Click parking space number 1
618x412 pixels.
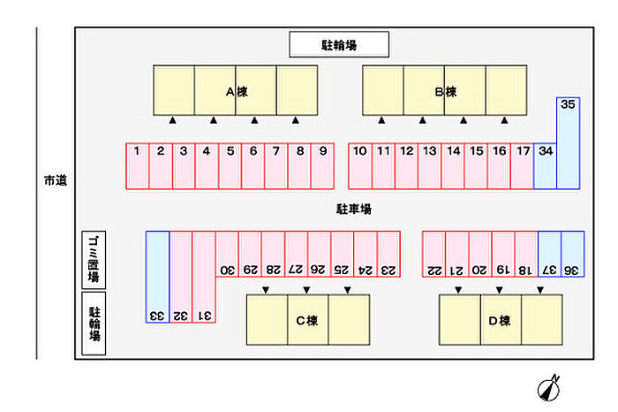point(137,165)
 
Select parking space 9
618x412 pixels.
point(323,165)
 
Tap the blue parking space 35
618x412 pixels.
point(568,141)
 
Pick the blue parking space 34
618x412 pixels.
point(546,165)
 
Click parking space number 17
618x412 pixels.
point(523,165)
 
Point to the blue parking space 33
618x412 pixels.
point(157,276)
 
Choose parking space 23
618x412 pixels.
point(389,254)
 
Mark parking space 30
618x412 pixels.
point(227,254)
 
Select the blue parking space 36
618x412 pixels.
point(572,254)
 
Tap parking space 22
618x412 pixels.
point(433,254)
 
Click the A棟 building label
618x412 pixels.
point(235,92)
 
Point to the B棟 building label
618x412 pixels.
point(445,92)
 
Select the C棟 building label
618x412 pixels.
point(306,320)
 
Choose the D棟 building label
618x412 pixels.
point(500,320)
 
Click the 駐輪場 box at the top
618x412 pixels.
point(340,43)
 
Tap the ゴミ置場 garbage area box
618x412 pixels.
point(93,257)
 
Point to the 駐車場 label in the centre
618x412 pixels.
point(353,210)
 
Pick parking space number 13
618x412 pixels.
point(429,165)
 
